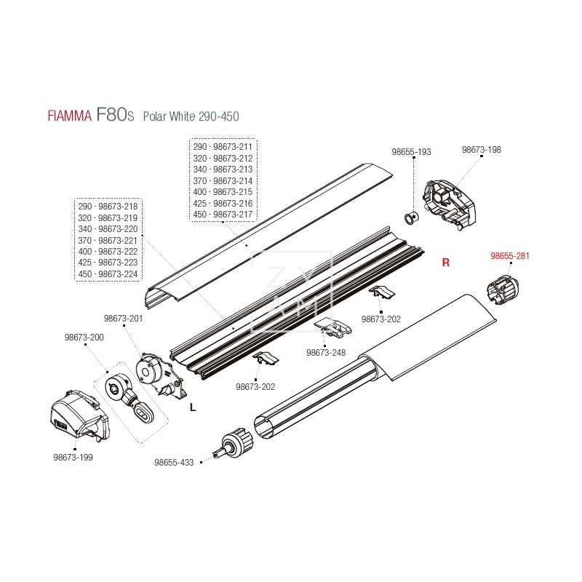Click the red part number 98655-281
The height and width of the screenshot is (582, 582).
pos(509,256)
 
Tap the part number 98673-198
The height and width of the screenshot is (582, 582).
pos(482,150)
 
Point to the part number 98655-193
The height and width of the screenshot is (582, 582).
pos(411,152)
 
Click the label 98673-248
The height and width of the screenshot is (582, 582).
pos(327,352)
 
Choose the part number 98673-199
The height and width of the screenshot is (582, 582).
pos(73,458)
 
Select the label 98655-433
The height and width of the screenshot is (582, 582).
pos(174,462)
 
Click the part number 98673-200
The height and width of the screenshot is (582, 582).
pos(84,337)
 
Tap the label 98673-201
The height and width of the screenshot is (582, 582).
pos(123,318)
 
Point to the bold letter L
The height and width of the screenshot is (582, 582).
pos(192,407)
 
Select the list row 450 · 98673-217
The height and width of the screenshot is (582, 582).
pos(223,215)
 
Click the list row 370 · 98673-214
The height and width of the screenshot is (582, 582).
pos(223,180)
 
